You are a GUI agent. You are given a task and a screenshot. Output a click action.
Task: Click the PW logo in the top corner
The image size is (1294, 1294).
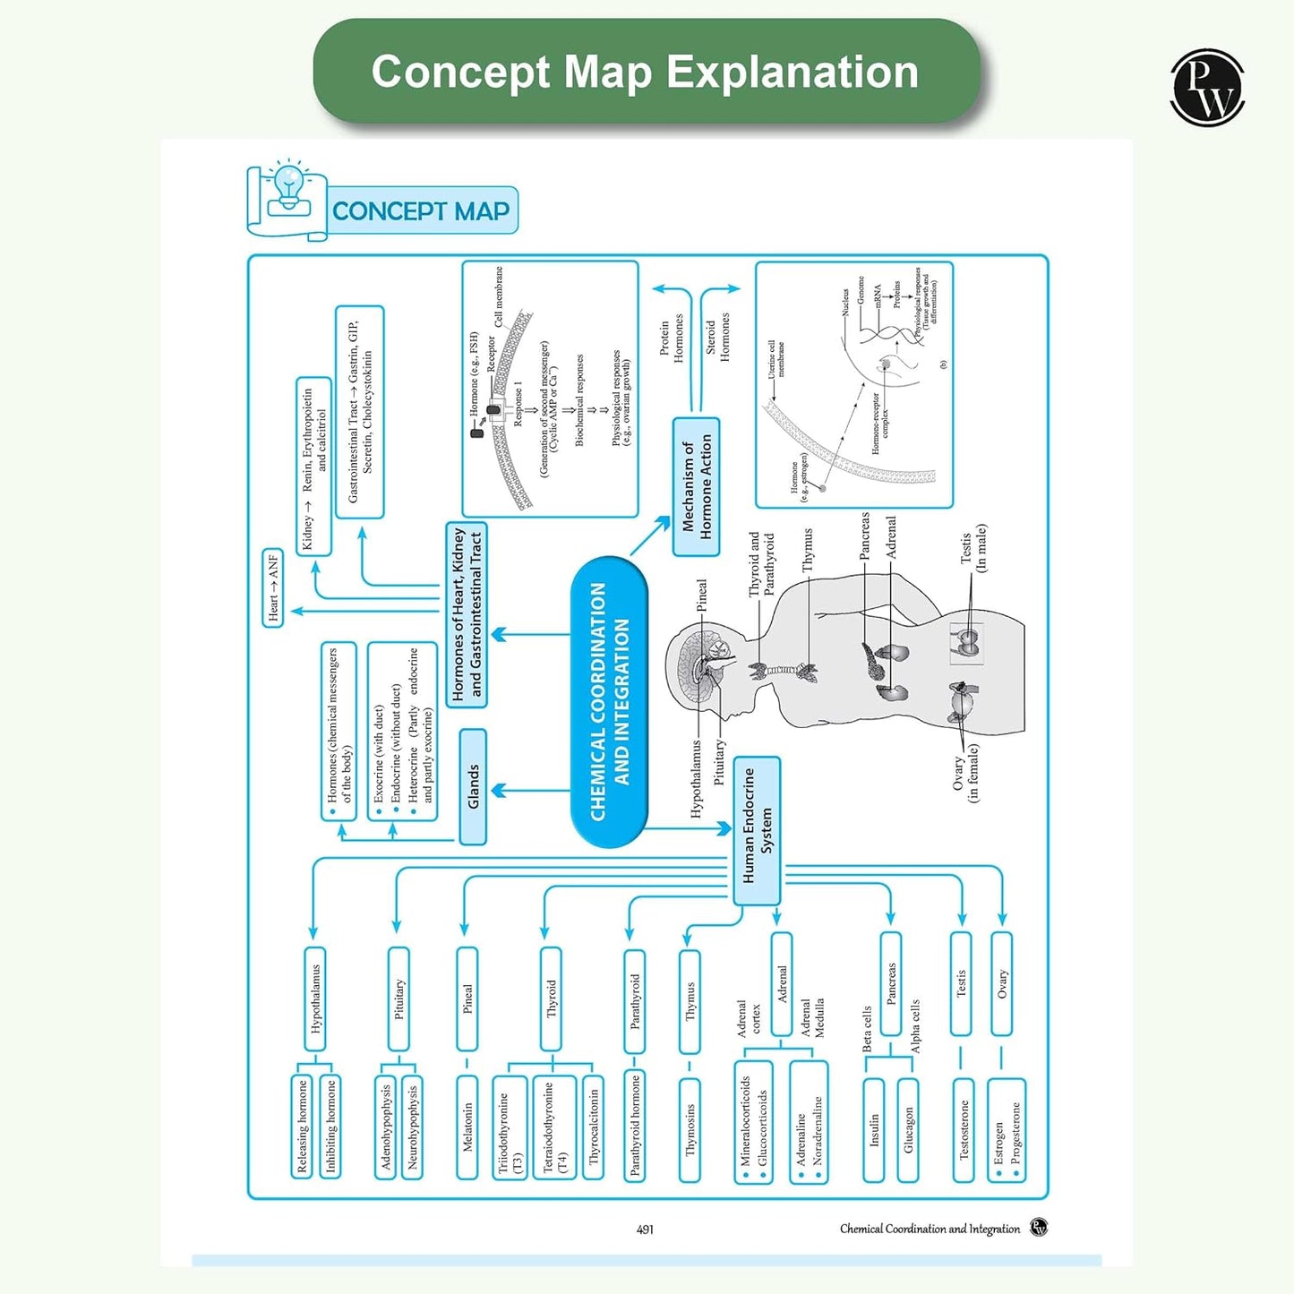tap(1207, 87)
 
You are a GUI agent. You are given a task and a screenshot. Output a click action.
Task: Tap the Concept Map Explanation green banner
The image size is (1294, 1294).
tap(646, 72)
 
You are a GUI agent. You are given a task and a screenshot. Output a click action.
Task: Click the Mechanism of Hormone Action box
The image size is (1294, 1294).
tap(696, 486)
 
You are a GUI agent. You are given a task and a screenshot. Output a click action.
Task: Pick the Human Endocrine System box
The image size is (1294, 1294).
tap(757, 830)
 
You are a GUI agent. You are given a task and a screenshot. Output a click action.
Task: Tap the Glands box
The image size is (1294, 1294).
tap(473, 786)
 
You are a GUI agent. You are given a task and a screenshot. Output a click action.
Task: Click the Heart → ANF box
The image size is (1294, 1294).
tap(273, 587)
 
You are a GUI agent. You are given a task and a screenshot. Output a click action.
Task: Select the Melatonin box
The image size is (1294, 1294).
tap(467, 1127)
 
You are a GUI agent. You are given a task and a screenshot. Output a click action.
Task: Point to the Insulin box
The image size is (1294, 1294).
tap(874, 1129)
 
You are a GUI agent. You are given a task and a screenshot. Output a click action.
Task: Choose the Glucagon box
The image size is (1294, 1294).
tap(908, 1129)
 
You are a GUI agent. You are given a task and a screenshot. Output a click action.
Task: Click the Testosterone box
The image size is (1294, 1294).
tap(964, 1129)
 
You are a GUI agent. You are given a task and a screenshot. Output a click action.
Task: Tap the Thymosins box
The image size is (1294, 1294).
tap(690, 1129)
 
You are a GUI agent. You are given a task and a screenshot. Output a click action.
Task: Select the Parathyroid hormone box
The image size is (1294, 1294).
tap(635, 1125)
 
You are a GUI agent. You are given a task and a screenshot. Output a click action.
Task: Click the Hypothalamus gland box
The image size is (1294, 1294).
tap(314, 998)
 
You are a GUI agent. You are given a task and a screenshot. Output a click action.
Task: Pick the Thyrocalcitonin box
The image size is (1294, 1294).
tap(594, 1127)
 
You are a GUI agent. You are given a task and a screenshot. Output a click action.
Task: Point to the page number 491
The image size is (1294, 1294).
tap(645, 1230)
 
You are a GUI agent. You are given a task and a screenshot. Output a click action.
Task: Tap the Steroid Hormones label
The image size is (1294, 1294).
tap(717, 337)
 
